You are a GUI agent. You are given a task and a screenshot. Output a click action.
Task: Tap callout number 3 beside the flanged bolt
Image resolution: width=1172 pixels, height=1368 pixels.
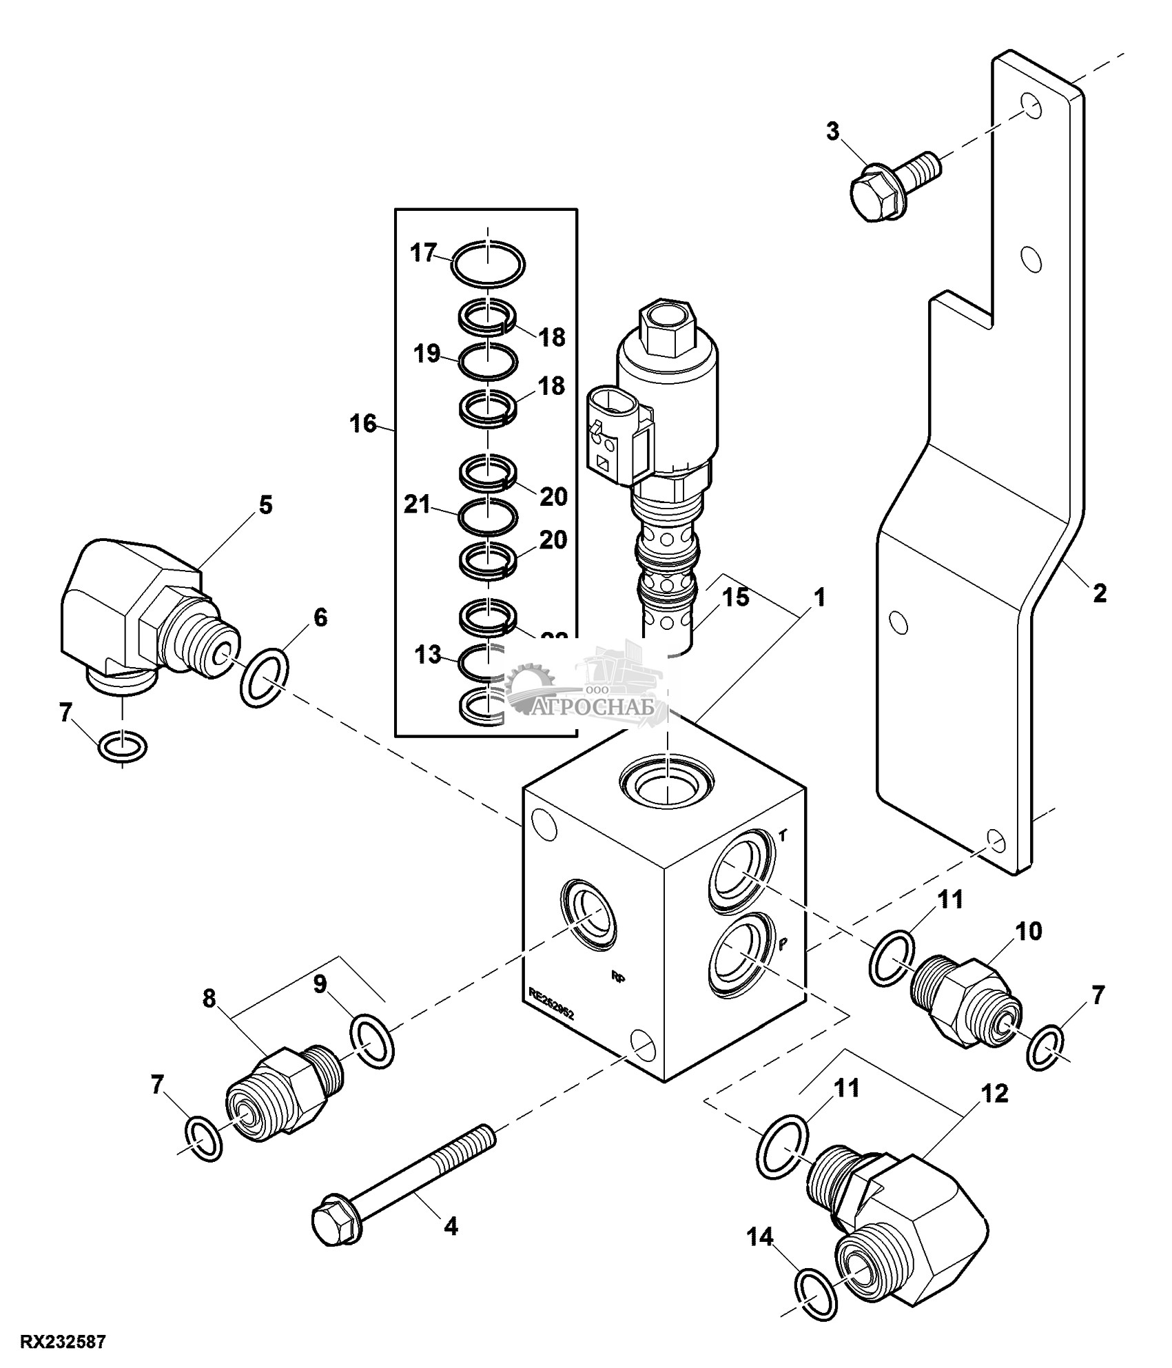coord(834,131)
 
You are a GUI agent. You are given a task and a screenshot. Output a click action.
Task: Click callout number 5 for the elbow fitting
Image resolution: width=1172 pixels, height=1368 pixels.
coord(265,505)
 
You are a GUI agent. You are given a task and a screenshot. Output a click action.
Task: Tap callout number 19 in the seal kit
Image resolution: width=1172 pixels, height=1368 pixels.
coord(426,354)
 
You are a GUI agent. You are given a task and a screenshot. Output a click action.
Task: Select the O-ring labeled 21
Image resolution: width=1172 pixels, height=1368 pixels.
coord(488,516)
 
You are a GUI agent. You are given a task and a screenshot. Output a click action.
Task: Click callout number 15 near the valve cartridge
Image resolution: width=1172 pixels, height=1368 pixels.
coord(736,597)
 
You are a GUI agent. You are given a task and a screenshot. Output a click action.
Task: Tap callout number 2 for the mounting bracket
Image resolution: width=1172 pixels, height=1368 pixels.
coord(1099,593)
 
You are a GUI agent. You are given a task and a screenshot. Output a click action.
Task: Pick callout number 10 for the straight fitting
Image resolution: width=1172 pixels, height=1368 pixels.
coord(1028,932)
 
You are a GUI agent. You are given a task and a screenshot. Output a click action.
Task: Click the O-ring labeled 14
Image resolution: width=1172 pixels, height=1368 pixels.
coord(816,1284)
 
